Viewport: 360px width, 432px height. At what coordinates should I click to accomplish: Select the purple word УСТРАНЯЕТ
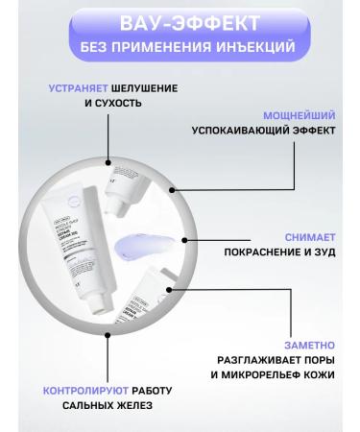[79, 89]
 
